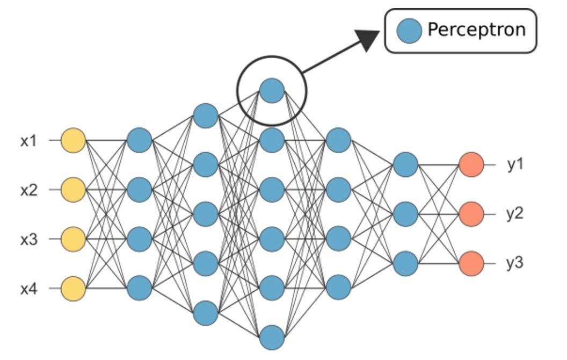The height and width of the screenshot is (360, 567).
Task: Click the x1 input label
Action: coord(29,140)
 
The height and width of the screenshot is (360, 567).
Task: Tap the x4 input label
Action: coord(29,289)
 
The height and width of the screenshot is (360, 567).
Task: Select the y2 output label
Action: coord(514,214)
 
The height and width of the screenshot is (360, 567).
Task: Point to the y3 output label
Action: coord(514,263)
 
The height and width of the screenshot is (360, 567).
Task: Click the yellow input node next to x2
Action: coord(73,190)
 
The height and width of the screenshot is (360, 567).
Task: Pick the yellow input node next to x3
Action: coord(73,239)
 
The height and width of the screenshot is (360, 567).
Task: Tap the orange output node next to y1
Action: coord(471,164)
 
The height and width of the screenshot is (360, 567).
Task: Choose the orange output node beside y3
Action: coord(471,263)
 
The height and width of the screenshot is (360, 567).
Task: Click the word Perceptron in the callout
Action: coord(477,30)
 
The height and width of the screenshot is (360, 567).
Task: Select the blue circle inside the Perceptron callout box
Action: coord(409,31)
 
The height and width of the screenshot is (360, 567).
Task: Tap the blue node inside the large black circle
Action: coord(272,91)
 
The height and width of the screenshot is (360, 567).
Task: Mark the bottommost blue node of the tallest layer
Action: coord(272,337)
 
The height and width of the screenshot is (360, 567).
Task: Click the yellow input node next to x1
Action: coord(73,140)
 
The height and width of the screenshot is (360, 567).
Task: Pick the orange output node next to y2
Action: coord(471,214)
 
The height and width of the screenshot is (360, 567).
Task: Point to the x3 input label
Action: coord(29,240)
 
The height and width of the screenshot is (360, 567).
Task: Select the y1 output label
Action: coord(514,164)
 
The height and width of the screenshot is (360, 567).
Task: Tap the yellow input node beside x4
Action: coord(73,289)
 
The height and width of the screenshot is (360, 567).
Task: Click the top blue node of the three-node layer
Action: coord(405,164)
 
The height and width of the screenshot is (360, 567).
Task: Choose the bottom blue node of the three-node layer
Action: coord(405,263)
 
